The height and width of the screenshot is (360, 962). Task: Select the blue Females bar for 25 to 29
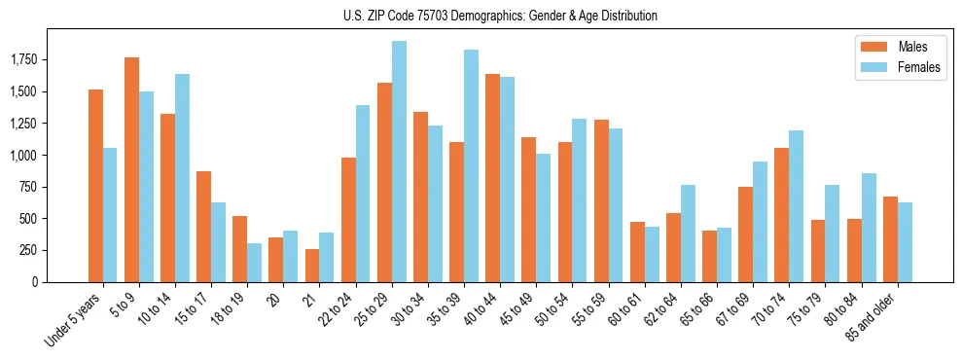click(x=399, y=162)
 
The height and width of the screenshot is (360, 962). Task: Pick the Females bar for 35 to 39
click(x=471, y=165)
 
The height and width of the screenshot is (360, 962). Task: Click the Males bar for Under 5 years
click(x=95, y=186)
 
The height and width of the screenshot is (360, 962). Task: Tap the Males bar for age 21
click(x=311, y=266)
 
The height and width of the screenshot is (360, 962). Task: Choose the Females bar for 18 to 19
click(x=254, y=263)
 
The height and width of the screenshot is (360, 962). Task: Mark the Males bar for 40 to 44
click(x=492, y=178)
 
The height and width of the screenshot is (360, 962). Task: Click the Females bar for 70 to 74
click(x=796, y=206)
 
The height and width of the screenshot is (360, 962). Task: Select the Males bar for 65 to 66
click(x=709, y=256)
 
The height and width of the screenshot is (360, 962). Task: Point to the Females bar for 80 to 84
click(x=868, y=228)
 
